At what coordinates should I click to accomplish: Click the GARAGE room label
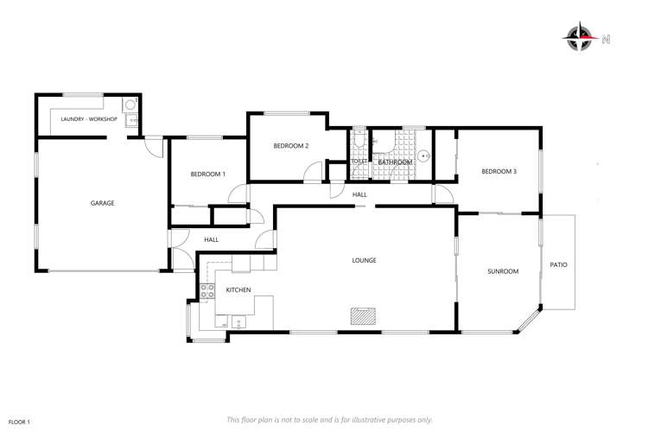click(103, 204)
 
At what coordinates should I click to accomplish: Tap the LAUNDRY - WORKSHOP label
click(84, 118)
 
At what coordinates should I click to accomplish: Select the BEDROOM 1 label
click(207, 175)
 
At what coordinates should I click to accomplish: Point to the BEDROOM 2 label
click(290, 146)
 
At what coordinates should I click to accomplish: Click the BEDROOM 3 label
click(499, 172)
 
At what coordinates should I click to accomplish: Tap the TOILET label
click(359, 162)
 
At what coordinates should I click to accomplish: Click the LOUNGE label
click(364, 260)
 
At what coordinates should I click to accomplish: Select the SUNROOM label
click(502, 271)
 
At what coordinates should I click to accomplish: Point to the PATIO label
click(559, 264)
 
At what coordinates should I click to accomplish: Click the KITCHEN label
click(238, 290)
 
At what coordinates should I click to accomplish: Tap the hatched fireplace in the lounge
click(362, 316)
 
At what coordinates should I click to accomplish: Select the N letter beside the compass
click(606, 38)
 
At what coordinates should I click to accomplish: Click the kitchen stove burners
click(207, 292)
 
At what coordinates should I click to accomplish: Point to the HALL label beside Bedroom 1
click(211, 239)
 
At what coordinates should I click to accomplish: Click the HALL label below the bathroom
click(359, 195)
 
